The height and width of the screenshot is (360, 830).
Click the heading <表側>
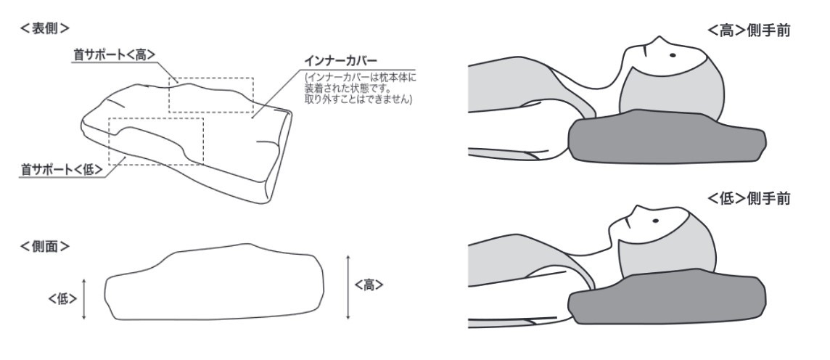coord(45,28)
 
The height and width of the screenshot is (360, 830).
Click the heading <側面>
coord(45,246)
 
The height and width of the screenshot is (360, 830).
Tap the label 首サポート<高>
coord(115,54)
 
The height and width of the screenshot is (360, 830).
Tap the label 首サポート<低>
coord(62,169)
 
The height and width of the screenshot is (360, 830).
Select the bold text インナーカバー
coord(340,60)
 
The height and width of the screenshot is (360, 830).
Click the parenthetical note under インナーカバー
coord(361,88)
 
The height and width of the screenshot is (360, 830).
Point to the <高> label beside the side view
coord(369,285)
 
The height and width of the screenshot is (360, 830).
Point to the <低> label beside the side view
coord(63,299)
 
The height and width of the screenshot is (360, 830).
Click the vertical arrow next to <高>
coord(348,287)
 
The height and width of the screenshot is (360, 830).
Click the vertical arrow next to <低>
coord(84,299)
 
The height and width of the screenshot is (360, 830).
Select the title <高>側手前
coord(749,30)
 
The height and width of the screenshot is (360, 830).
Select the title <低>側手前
coord(749,199)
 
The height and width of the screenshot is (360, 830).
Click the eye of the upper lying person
coord(673,55)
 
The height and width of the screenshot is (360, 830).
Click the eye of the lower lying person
coord(656,221)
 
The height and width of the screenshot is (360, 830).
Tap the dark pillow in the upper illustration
coord(667,137)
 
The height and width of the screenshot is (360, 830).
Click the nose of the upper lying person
coord(658,38)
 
